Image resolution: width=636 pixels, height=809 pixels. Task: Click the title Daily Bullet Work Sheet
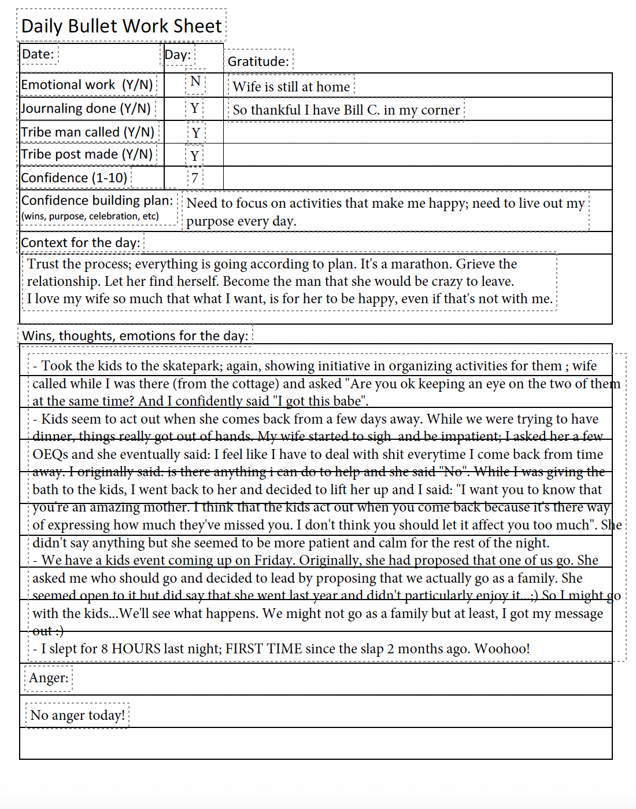(121, 26)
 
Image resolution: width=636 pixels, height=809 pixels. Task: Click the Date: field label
(38, 54)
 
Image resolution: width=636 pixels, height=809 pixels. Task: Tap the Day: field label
(178, 55)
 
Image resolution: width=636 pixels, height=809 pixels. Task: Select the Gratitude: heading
(258, 61)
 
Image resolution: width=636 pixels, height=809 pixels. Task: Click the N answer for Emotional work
(195, 81)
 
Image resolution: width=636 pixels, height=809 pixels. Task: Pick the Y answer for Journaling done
(195, 108)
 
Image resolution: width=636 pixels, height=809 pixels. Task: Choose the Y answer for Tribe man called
(196, 133)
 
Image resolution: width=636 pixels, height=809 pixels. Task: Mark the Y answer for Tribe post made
(195, 156)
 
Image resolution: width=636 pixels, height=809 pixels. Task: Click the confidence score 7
(195, 178)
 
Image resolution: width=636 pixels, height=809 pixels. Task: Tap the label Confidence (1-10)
(74, 178)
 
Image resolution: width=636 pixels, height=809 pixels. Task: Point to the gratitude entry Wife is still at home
(291, 87)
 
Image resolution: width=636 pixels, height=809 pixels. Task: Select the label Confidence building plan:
(97, 200)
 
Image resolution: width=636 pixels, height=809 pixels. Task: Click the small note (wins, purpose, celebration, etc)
(90, 216)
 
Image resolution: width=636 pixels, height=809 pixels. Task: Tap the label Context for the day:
(80, 242)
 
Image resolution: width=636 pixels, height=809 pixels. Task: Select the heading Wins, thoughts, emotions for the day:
(135, 336)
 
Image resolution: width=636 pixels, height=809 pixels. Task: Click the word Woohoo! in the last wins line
(502, 649)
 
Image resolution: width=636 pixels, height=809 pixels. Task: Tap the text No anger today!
(77, 715)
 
